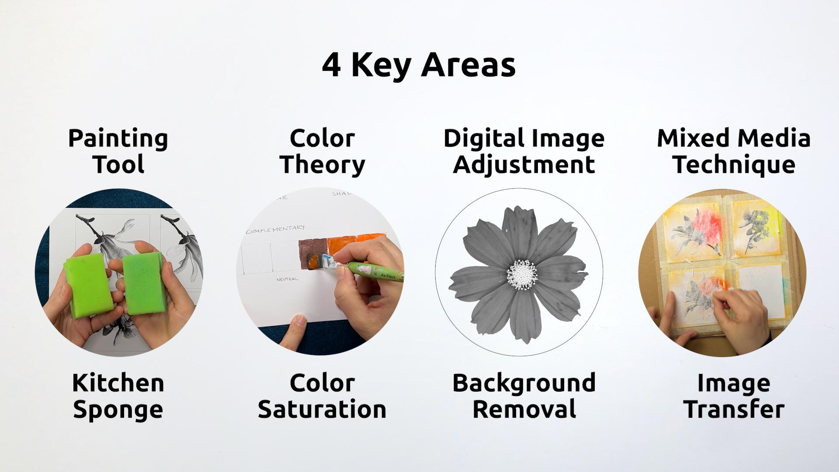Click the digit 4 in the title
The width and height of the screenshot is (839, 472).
[x=331, y=65]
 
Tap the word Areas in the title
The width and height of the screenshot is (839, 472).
[x=468, y=65]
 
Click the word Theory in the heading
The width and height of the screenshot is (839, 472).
[x=322, y=165]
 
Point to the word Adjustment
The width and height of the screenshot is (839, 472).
[x=524, y=165]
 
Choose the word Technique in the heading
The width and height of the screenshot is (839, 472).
[x=734, y=165]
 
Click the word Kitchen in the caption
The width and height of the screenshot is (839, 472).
[x=118, y=383]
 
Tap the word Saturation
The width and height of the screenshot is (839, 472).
[x=322, y=410]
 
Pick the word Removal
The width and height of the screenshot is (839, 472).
[x=524, y=410]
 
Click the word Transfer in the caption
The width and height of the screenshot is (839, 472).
[x=734, y=410]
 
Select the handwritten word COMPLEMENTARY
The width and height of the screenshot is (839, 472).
[x=275, y=229]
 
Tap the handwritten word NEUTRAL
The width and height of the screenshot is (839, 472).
[x=287, y=278]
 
